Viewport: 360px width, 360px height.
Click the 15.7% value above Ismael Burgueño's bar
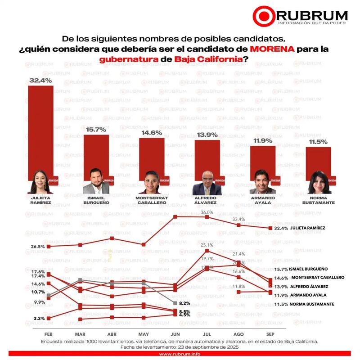click(x=96, y=129)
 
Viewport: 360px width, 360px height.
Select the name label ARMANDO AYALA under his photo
click(x=262, y=199)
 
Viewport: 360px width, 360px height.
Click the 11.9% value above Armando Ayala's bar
click(x=261, y=141)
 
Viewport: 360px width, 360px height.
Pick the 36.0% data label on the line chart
click(x=207, y=212)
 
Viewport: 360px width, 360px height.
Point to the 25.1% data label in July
click(x=207, y=245)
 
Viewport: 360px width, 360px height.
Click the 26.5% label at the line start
click(x=38, y=247)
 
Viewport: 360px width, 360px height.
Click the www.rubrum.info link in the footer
click(x=180, y=354)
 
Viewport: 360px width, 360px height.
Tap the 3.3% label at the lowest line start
click(x=39, y=319)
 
